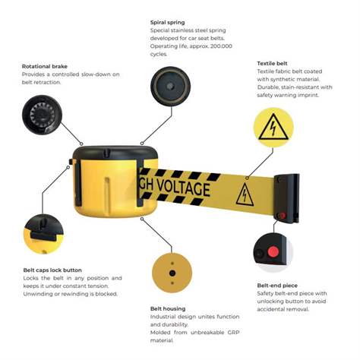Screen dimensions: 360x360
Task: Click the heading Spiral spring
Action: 168,22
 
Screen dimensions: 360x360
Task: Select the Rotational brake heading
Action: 45,66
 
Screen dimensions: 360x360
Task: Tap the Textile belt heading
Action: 272,63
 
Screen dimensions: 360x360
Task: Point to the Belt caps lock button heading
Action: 52,270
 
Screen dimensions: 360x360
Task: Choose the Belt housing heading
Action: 168,308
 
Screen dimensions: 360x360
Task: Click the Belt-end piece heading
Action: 277,286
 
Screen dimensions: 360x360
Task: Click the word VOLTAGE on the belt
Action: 183,188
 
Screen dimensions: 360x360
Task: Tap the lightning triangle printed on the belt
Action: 245,194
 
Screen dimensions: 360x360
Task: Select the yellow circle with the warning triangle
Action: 273,128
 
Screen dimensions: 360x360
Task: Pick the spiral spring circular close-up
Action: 170,87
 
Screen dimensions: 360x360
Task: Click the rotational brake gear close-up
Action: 42,115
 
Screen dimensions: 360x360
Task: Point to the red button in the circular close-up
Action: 273,252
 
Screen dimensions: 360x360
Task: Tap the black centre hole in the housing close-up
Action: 172,273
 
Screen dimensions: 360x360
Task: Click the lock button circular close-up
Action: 43,234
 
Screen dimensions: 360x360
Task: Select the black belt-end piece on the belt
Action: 287,198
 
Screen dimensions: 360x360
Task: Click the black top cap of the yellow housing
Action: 114,153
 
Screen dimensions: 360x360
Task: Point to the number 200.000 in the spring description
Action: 221,46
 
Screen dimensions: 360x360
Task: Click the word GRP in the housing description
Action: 233,333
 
